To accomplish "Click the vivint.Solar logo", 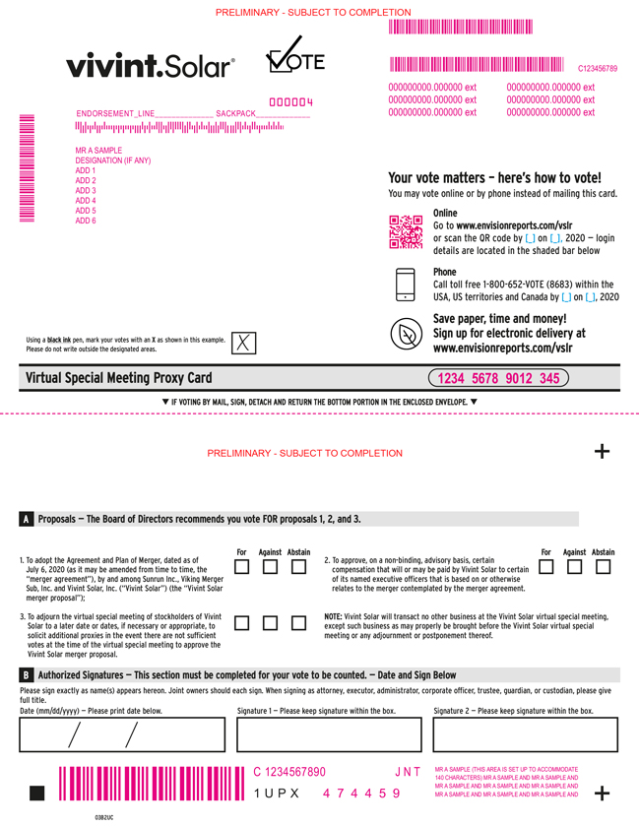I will pyautogui.click(x=150, y=66).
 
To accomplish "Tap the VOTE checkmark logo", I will pyautogui.click(x=294, y=57).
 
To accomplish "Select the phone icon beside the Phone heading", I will pyautogui.click(x=405, y=284).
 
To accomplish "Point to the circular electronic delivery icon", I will pyautogui.click(x=405, y=335).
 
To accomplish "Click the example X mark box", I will pyautogui.click(x=243, y=343).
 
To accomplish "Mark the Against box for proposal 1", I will pyautogui.click(x=270, y=567).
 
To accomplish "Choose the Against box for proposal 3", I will pyautogui.click(x=270, y=623).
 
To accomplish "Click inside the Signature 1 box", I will pyautogui.click(x=328, y=735).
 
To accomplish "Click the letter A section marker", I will pyautogui.click(x=26, y=518).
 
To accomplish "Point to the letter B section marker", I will pyautogui.click(x=26, y=675).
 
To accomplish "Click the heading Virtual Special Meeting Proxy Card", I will pyautogui.click(x=118, y=378).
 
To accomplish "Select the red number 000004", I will pyautogui.click(x=291, y=102).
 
